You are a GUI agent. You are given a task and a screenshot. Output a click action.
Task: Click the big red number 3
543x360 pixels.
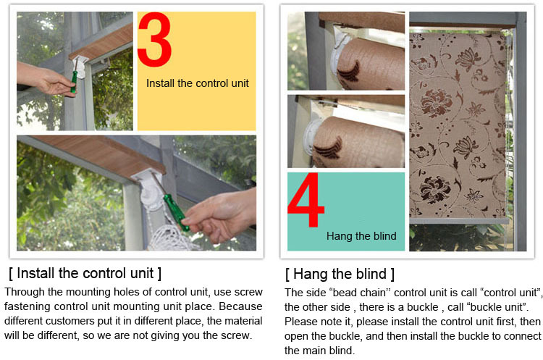(154, 39)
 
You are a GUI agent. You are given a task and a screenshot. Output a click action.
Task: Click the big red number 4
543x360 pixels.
(306, 200)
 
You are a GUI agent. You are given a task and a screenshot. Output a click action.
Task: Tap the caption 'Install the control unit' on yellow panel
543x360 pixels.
(198, 83)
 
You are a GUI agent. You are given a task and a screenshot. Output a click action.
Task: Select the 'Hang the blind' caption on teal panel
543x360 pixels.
(361, 236)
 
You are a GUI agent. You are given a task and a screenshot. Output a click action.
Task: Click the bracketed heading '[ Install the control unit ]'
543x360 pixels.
(85, 273)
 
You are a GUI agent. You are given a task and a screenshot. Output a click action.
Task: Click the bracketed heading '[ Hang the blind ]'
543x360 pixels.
(340, 274)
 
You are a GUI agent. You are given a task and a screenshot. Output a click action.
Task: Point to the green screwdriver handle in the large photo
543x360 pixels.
(176, 212)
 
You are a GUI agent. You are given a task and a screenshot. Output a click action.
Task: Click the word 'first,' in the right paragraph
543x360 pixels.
(506, 322)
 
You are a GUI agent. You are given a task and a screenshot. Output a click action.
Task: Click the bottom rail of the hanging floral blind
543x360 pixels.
(459, 221)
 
